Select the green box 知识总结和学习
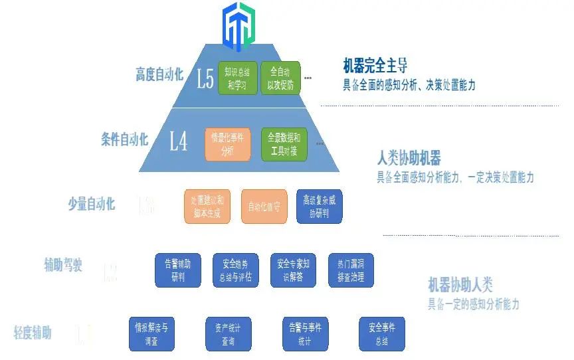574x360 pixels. [237, 78]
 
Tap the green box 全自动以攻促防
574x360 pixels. [280, 78]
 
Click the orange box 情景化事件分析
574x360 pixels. [228, 144]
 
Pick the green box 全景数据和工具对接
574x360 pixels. [284, 144]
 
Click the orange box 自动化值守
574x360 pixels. [263, 207]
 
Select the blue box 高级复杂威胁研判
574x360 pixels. [320, 207]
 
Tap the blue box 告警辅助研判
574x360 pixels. [178, 270]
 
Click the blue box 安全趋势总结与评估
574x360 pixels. [235, 270]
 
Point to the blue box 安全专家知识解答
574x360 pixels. [293, 270]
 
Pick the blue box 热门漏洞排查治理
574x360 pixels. [351, 270]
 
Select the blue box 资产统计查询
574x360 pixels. [229, 334]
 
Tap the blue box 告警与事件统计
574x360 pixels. [305, 334]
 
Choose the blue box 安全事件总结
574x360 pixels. [381, 334]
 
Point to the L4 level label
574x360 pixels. [178, 141]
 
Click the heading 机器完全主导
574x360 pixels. [375, 66]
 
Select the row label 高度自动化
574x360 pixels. [159, 74]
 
